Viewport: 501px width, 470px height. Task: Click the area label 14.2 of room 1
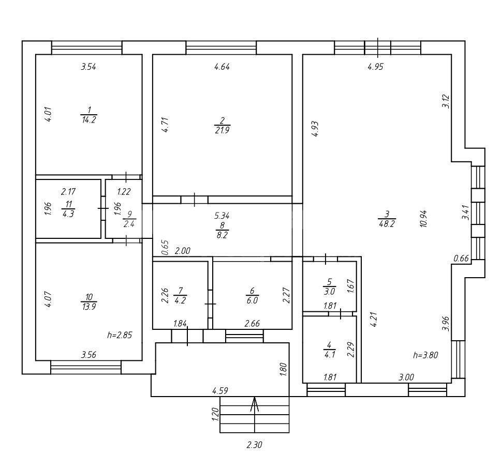pos(89,120)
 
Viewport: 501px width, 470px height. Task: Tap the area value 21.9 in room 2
pos(223,130)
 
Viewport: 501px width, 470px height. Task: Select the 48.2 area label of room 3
pos(387,223)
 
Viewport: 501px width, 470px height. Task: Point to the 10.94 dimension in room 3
pos(424,219)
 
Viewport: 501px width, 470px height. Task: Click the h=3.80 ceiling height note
pos(425,355)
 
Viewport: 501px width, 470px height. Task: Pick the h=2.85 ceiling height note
pos(120,335)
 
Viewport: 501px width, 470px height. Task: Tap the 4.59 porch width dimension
pos(220,390)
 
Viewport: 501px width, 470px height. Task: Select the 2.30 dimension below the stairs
pos(254,445)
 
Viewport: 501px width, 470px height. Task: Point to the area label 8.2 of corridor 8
pos(222,235)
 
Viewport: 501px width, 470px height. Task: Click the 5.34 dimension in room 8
pos(222,216)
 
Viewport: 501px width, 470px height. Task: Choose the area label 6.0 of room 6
pos(252,300)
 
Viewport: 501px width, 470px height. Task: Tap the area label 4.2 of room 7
pos(180,300)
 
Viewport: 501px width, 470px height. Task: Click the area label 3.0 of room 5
pos(330,292)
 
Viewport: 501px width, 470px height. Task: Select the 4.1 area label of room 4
pos(329,354)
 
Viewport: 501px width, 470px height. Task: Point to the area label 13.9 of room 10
pos(89,307)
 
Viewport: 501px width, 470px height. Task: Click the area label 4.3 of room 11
pos(68,214)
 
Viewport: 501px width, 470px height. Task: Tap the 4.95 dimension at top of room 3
pos(375,67)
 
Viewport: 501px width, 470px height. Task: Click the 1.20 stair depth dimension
pos(215,414)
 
